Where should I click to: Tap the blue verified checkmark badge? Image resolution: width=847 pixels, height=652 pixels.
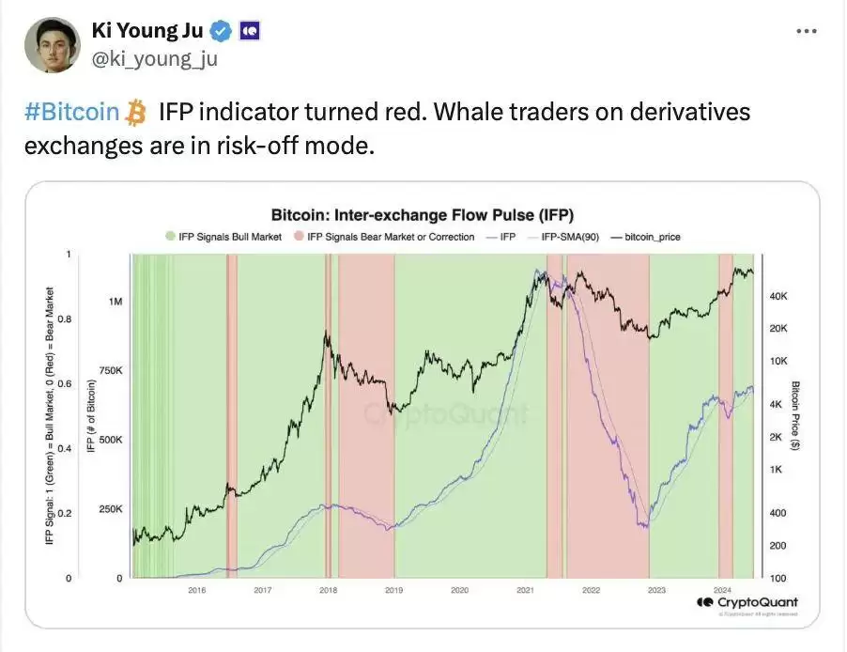(x=221, y=32)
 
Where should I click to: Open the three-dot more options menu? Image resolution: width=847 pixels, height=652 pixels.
(x=806, y=31)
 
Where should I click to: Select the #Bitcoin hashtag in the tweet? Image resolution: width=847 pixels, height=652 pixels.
(x=71, y=113)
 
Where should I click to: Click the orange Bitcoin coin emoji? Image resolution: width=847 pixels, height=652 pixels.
(x=137, y=114)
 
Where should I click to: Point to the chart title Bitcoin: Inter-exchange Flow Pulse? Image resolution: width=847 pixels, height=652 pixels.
(x=422, y=214)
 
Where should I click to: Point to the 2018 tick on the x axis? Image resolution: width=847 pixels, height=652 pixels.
(x=328, y=590)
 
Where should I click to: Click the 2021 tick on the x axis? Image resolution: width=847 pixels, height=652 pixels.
(x=525, y=590)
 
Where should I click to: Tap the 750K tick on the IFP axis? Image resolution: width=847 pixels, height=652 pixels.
(x=111, y=371)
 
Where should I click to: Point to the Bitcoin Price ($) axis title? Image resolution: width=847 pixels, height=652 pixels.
(x=794, y=416)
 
